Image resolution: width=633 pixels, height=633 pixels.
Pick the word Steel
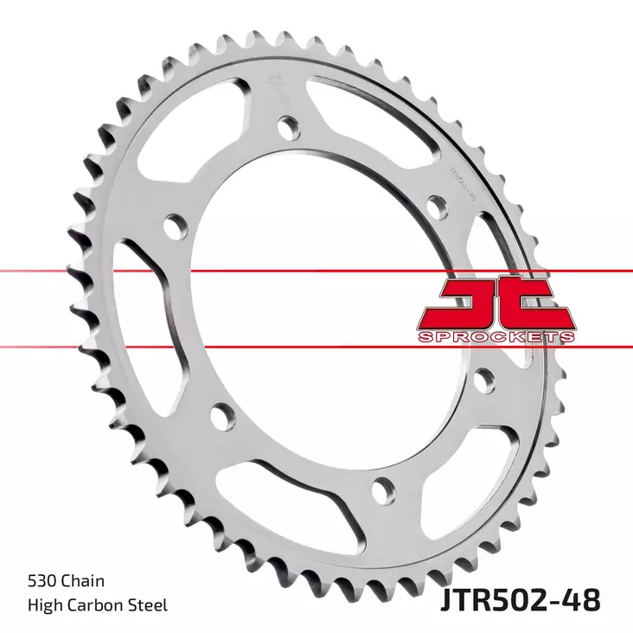pyautogui.click(x=148, y=604)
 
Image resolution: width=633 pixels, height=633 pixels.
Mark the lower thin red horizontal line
pyautogui.click(x=259, y=348)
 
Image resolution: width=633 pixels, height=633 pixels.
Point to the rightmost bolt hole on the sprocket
pyautogui.click(x=484, y=377)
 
